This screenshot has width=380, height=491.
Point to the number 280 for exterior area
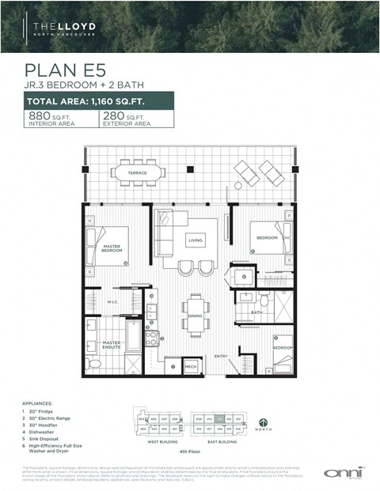click(x=114, y=115)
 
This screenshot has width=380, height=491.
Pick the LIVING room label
click(x=196, y=239)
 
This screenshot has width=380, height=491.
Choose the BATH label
click(x=257, y=312)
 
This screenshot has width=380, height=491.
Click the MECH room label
click(x=191, y=367)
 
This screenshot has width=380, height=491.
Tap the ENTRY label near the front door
click(x=221, y=357)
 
